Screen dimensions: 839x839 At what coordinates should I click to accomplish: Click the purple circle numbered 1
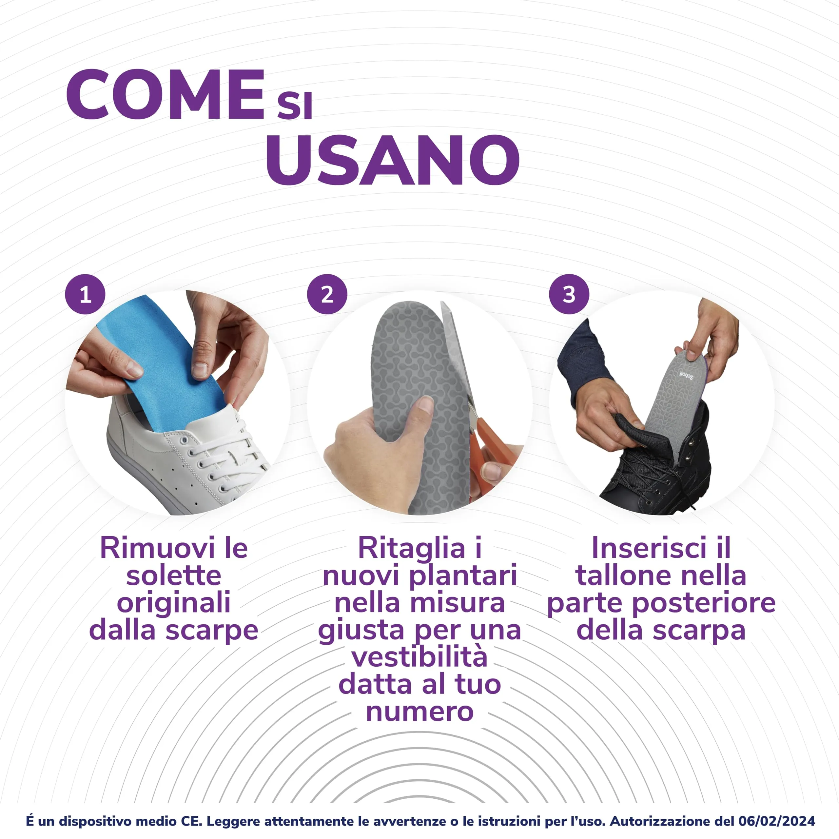point(85,294)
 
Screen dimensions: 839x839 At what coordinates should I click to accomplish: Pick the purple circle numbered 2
point(327,294)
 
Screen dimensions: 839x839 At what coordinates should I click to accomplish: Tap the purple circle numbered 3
point(569,294)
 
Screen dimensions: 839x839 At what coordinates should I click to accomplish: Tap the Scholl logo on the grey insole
point(686,374)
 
